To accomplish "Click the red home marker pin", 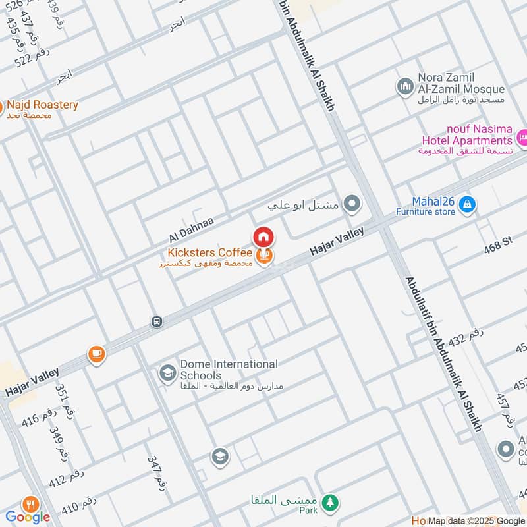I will pos(263,236).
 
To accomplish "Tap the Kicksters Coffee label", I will pos(209,253).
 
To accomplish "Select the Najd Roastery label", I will pos(42,105).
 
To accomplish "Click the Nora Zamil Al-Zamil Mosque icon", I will pos(404,86).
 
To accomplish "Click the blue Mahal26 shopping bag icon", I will pos(466,204).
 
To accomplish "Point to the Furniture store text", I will pos(425,213).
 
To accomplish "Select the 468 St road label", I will pos(497,244).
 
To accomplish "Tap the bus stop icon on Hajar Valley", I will pos(157,321).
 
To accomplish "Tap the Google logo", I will pos(28,516).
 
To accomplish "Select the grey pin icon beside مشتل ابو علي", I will pos(353,204).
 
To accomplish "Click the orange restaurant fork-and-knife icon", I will pos(30,505).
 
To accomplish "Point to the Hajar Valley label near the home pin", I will pos(337,242).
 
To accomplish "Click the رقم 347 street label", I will pos(157,470).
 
